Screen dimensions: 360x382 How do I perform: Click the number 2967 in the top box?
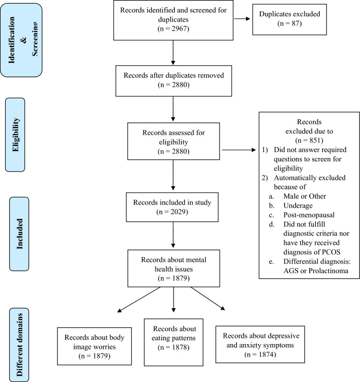tap(180, 29)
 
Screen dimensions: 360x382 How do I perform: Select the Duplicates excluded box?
tap(290, 20)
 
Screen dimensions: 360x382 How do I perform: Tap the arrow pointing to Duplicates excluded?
tap(242, 19)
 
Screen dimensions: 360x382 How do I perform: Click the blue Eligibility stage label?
tap(15, 135)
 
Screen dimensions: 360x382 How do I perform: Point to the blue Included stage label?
tap(19, 234)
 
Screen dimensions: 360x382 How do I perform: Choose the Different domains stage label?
tap(19, 345)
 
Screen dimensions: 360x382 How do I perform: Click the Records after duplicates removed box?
tap(174, 81)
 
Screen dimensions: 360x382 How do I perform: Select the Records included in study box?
tap(172, 207)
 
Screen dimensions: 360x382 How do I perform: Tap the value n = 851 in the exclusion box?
tap(309, 141)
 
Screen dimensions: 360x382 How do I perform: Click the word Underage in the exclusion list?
tap(298, 205)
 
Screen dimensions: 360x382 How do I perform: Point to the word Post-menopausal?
tap(309, 215)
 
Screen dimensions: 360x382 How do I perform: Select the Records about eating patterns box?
tap(174, 342)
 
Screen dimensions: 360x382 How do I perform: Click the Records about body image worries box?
tap(94, 346)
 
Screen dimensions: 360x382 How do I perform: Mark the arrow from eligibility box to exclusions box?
tap(239, 150)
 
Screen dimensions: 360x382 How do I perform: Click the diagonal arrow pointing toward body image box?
tap(139, 299)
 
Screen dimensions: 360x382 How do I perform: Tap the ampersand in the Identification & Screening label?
tap(24, 40)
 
